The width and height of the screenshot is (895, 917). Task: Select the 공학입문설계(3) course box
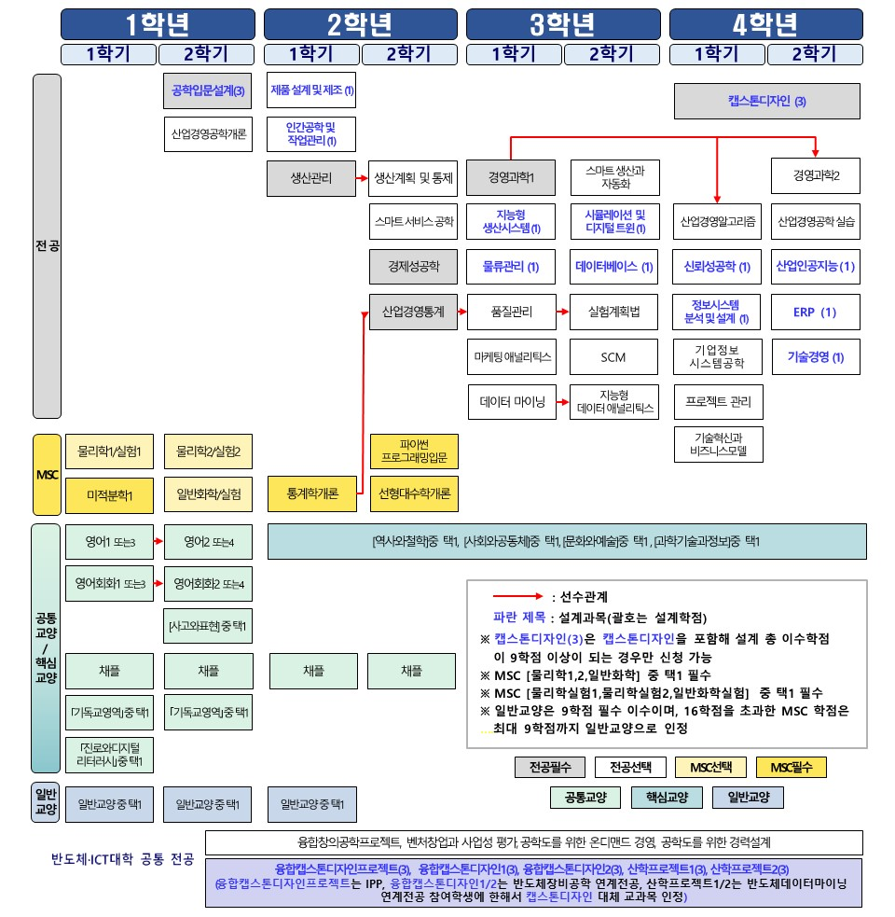208,91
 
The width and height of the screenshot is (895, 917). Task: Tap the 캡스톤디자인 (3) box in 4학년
767,101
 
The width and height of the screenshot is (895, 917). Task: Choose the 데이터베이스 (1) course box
614,267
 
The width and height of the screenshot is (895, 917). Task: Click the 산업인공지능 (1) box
816,267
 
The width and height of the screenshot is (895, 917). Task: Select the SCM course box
613,356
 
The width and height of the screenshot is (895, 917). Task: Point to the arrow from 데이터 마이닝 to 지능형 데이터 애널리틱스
564,401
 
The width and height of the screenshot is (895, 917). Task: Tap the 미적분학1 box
109,495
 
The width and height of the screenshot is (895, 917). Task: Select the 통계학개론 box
311,494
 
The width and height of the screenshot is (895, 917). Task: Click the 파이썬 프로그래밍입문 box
414,451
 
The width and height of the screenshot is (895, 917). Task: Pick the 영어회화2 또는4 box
208,585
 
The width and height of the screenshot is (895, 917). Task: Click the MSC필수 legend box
792,767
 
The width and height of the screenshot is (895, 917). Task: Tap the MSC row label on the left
47,475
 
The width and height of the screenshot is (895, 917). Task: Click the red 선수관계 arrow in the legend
517,596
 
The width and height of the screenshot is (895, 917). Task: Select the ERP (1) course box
816,312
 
